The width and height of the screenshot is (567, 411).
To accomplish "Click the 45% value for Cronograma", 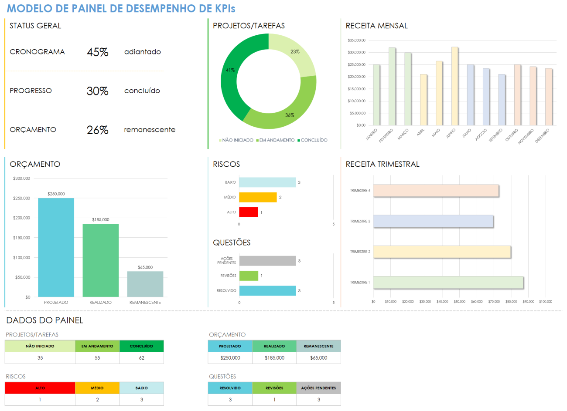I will pyautogui.click(x=97, y=52).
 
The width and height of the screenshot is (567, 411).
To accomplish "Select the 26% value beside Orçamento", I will pyautogui.click(x=97, y=130).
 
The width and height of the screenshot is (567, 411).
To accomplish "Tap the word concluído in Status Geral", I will pyautogui.click(x=142, y=91).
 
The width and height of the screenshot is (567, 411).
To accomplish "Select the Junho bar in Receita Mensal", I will pyautogui.click(x=454, y=87).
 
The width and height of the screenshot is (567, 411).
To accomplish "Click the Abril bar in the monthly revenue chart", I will pyautogui.click(x=423, y=100).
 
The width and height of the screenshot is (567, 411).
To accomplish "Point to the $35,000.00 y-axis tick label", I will pyautogui.click(x=356, y=40).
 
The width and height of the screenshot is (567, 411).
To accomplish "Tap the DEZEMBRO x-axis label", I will pyautogui.click(x=542, y=136).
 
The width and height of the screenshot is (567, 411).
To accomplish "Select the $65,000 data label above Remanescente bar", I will pyautogui.click(x=145, y=267).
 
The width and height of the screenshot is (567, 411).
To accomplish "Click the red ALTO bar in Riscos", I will pyautogui.click(x=248, y=212).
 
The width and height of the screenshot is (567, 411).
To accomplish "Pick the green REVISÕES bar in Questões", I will pyautogui.click(x=249, y=276).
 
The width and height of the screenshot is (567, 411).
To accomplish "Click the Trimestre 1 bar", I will pyautogui.click(x=448, y=283).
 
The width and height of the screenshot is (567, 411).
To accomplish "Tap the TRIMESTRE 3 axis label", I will pyautogui.click(x=360, y=221).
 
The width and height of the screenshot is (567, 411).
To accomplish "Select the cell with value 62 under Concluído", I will pyautogui.click(x=141, y=358).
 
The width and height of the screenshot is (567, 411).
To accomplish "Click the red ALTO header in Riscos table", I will pyautogui.click(x=40, y=388).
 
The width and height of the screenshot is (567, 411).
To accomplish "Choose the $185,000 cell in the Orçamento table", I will pyautogui.click(x=274, y=358).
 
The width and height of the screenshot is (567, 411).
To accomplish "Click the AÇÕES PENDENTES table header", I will pyautogui.click(x=318, y=388).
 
